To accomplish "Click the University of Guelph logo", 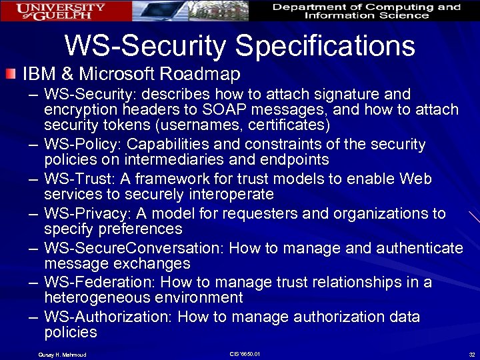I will tap(61, 11).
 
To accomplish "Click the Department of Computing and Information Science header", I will tap(366, 11).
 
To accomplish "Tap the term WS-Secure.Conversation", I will tap(133, 248).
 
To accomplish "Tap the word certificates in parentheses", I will tap(273, 125).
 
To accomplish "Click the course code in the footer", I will tap(244, 353).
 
